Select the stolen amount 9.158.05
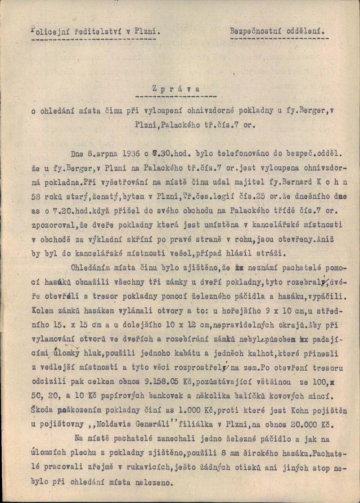coord(157,382)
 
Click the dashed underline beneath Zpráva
coord(176,97)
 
